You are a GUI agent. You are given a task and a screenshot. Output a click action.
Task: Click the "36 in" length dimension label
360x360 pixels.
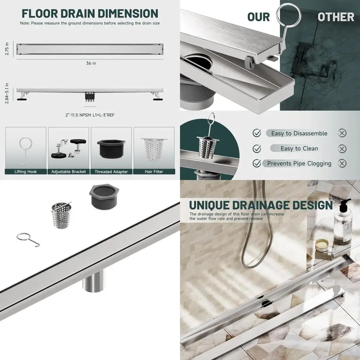pos(91,63)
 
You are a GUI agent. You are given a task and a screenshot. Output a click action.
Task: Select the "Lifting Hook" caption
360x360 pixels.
pos(26,172)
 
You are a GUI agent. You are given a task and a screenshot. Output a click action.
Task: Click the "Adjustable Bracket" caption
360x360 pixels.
pos(68,172)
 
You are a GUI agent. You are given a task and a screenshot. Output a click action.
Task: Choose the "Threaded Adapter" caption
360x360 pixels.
pos(111,172)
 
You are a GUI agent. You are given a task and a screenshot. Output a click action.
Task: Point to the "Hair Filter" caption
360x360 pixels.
pos(154,172)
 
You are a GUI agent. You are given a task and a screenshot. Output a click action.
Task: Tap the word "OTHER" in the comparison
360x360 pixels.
pos(336,17)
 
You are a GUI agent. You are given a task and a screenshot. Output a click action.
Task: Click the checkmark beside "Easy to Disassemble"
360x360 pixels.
pos(257,133)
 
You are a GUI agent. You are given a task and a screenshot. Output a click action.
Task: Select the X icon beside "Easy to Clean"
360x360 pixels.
pos(342,149)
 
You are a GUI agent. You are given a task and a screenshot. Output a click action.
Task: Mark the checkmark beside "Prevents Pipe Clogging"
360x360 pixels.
pos(257,163)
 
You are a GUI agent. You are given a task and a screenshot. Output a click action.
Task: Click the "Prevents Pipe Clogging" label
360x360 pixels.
pos(299,163)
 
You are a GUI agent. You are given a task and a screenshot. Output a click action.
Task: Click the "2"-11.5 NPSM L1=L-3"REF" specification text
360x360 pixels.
pos(91,115)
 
